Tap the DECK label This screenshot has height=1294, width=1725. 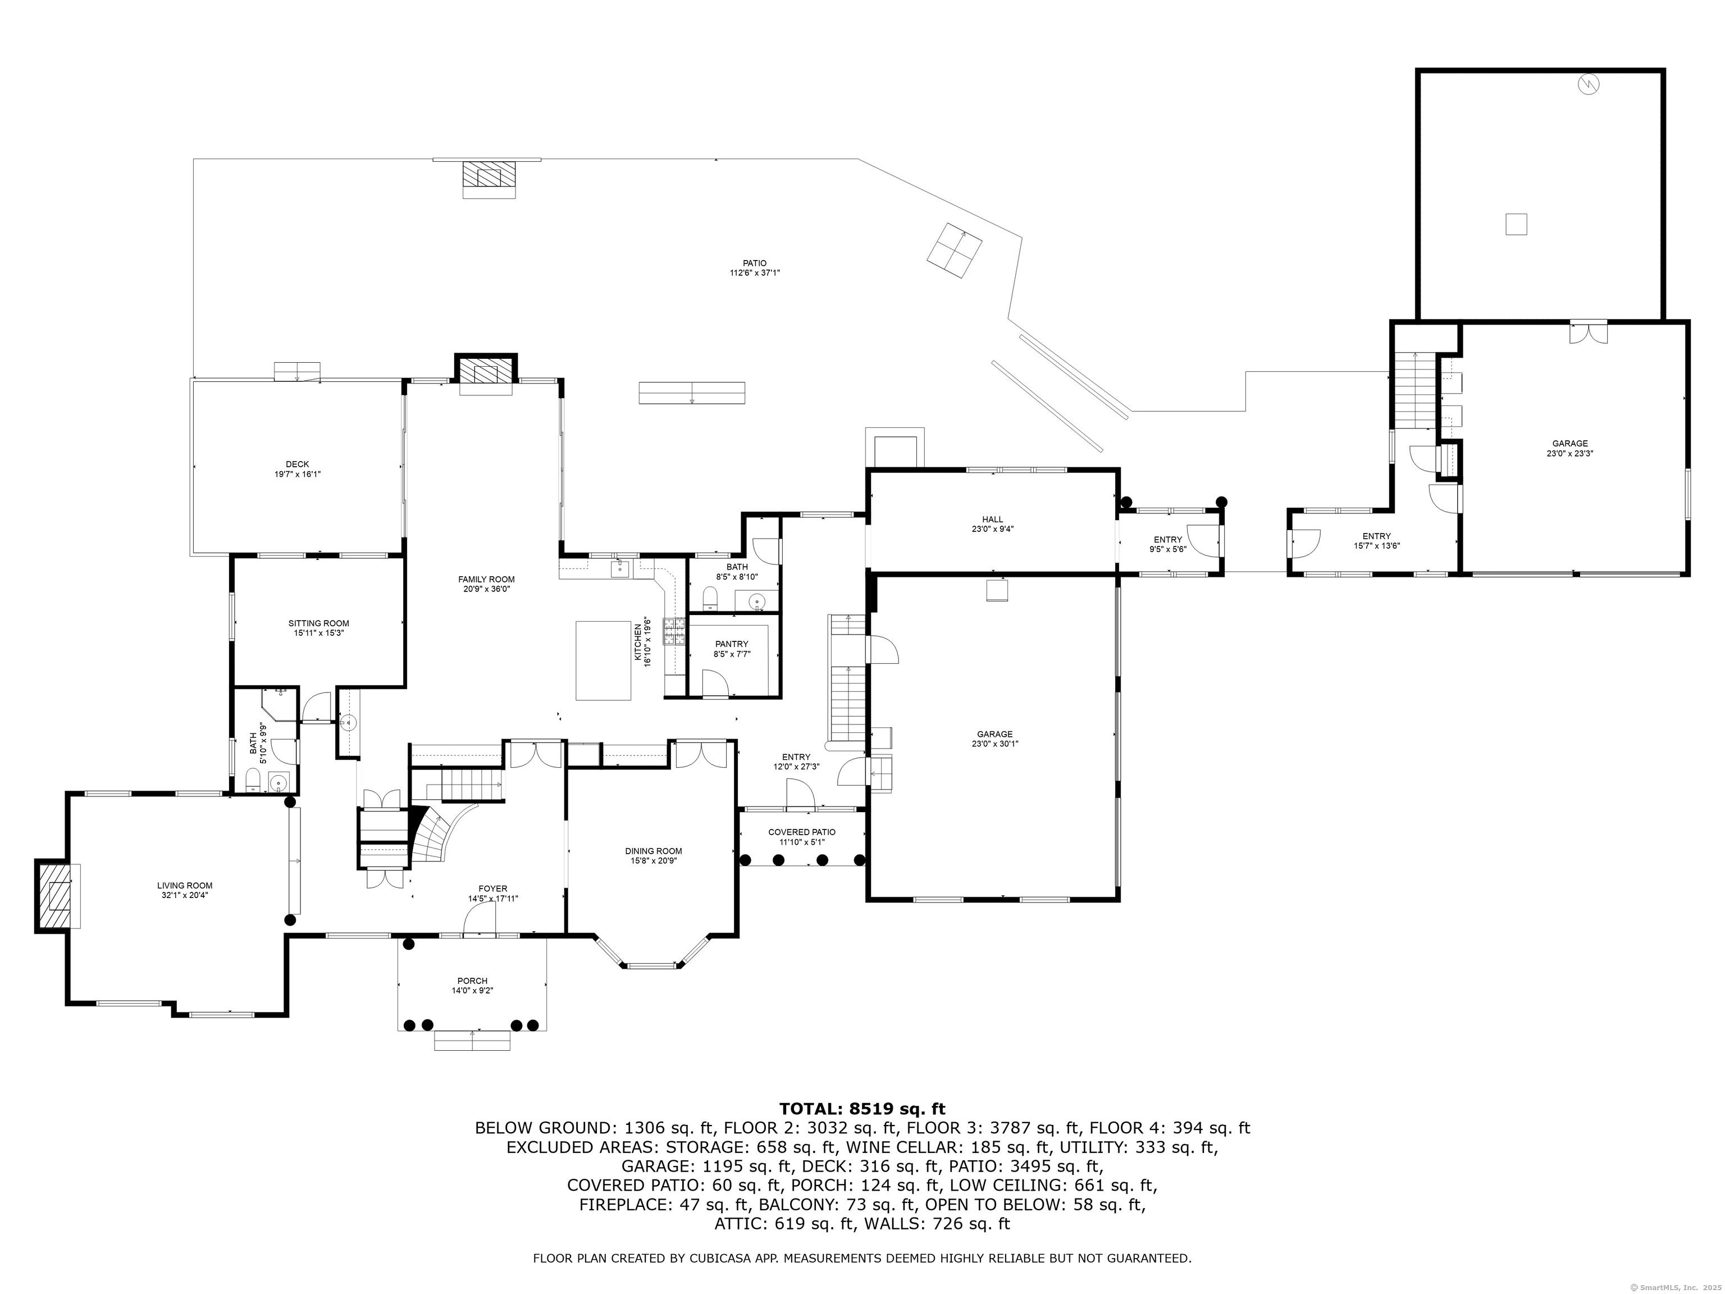297,469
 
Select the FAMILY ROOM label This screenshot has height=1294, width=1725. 487,584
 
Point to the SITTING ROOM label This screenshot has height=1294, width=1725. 319,628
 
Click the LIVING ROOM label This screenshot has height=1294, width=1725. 185,890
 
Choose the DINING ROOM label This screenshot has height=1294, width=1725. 654,856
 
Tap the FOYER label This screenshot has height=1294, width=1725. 493,893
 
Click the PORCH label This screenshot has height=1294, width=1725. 473,985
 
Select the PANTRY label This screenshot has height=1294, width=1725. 732,649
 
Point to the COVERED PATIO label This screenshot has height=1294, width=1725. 802,837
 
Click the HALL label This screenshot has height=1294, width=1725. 993,523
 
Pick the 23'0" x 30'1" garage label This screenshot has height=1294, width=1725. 995,739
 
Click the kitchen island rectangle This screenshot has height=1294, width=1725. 604,660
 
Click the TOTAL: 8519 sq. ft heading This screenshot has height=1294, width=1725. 862,1108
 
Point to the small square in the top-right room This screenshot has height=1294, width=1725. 1516,225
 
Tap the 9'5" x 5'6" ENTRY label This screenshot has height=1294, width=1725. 1168,544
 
